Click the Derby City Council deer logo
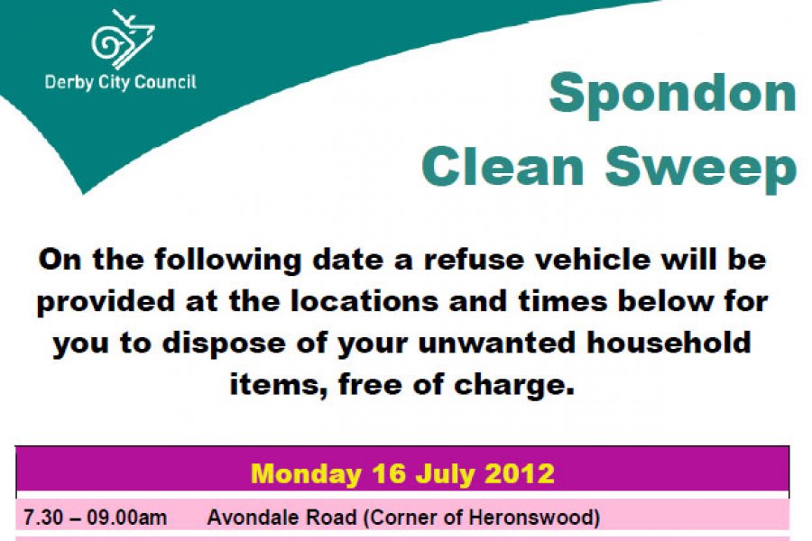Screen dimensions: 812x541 124,40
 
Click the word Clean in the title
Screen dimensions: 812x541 503,167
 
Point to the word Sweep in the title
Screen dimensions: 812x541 701,170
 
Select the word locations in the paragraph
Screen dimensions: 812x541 364,301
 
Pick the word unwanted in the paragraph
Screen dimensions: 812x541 496,343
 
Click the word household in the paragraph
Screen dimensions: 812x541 669,343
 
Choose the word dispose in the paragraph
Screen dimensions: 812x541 224,344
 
